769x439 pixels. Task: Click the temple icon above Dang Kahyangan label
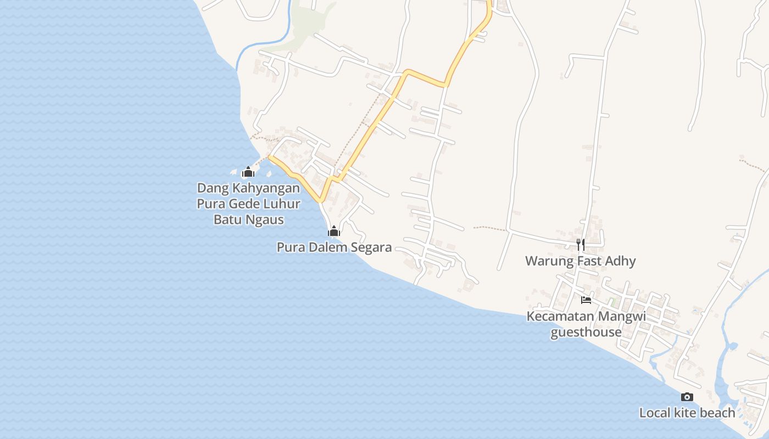coord(248,172)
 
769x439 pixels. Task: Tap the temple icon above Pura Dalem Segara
coord(334,231)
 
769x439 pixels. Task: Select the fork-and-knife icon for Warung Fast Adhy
coord(581,244)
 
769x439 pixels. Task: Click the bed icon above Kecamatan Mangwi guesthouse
coord(586,300)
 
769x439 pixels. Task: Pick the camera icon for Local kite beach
coord(687,397)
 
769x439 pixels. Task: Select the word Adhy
coord(620,261)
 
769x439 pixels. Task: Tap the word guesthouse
coord(586,333)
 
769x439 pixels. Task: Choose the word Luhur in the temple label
coord(281,204)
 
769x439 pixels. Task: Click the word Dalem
coord(327,247)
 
